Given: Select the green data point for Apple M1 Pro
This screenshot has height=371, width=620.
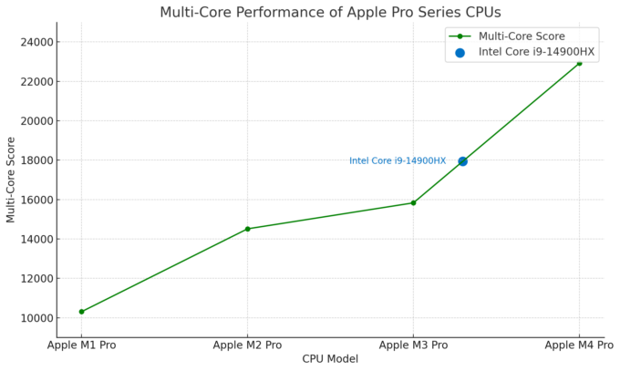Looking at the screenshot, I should click(x=82, y=312).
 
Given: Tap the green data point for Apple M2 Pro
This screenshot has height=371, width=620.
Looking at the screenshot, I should click(x=247, y=229).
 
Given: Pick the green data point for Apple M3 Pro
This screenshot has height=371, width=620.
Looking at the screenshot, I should click(x=413, y=202).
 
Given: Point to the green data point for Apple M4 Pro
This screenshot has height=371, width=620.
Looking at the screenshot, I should click(x=579, y=63).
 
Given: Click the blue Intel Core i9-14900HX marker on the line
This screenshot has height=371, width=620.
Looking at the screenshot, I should click(x=462, y=161).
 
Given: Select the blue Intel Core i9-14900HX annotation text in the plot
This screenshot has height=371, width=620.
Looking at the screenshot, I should click(x=398, y=161).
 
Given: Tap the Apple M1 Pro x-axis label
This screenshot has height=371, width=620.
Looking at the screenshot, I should click(x=82, y=345).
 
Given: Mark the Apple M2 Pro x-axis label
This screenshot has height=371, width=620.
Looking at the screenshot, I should click(x=247, y=345).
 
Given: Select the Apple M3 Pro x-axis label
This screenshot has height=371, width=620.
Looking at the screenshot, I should click(x=413, y=345).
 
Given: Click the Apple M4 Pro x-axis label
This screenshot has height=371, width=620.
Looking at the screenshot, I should click(x=579, y=345).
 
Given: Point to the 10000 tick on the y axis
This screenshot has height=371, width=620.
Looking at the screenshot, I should click(x=35, y=318).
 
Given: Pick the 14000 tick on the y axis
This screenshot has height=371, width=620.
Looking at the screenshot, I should click(x=35, y=239).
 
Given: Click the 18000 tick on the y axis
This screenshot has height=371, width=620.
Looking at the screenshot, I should click(x=35, y=160).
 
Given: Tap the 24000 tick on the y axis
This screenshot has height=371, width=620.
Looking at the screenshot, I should click(x=35, y=42).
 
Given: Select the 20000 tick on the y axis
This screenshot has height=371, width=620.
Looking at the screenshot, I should click(x=35, y=121).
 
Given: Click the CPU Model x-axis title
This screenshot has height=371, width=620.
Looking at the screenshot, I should click(x=330, y=359).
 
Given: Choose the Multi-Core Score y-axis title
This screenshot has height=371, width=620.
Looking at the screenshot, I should click(x=11, y=180).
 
